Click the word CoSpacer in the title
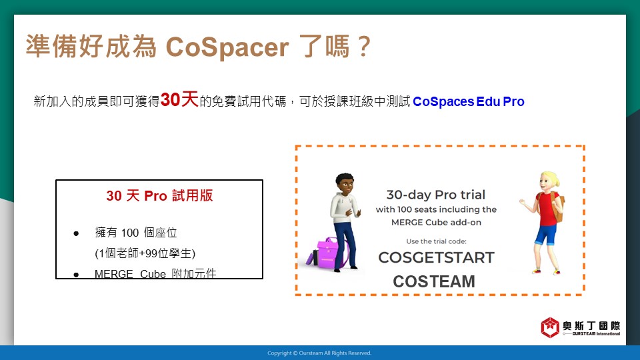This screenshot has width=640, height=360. [227, 47]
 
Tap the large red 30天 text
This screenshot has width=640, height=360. [179, 99]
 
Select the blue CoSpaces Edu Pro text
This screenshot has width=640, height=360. [469, 101]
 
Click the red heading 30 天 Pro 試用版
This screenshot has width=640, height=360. [159, 195]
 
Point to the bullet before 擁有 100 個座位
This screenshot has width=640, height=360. [76, 233]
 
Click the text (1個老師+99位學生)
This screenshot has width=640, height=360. [145, 253]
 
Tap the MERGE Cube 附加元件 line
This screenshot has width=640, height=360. [155, 273]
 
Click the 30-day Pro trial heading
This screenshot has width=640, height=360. [436, 195]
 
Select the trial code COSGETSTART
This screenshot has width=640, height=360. [436, 257]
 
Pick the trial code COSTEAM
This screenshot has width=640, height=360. [434, 281]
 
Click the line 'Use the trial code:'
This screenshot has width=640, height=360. [436, 241]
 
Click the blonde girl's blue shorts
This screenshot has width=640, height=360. [546, 234]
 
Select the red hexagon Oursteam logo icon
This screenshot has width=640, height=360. [550, 327]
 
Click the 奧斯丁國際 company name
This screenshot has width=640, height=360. [591, 326]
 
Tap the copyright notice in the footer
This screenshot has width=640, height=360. [319, 353]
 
